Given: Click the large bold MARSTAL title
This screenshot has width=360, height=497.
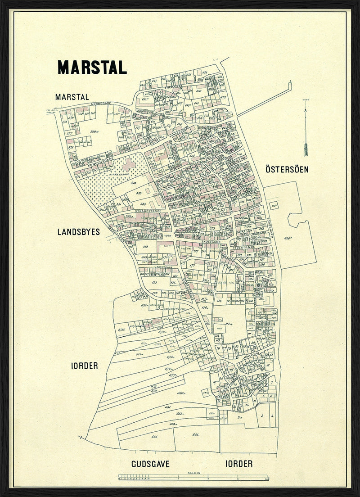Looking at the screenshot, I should (x=92, y=67).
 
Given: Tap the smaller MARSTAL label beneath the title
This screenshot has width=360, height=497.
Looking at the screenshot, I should (x=72, y=97).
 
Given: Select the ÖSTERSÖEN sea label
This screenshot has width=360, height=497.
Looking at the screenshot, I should (x=287, y=170).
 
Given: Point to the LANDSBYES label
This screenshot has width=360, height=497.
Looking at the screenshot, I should (x=78, y=232).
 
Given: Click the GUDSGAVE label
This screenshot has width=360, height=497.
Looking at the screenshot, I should (x=150, y=464).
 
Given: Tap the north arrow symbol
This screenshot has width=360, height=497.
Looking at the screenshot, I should (x=306, y=131).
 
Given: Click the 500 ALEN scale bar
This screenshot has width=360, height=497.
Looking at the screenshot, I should (x=193, y=478).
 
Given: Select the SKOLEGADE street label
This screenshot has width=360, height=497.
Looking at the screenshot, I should (x=211, y=242).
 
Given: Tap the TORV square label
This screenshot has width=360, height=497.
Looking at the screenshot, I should (x=168, y=235).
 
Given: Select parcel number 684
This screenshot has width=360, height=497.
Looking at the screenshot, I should (x=195, y=434).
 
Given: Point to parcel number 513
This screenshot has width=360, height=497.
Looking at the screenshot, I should (x=134, y=183).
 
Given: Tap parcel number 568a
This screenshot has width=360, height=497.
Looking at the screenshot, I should (x=94, y=131).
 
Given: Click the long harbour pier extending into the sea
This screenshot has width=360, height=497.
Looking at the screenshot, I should (x=265, y=99).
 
